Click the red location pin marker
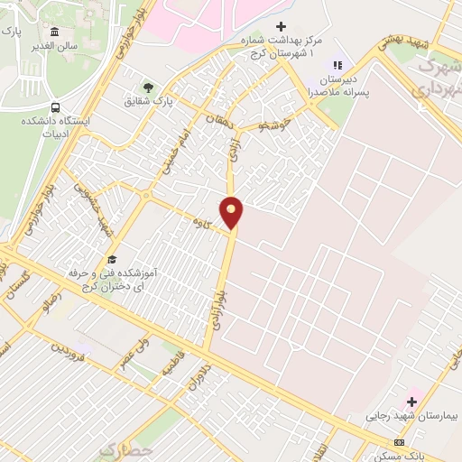[232, 210]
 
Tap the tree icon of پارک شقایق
[148, 87]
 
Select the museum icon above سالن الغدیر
[56, 32]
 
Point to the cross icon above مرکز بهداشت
[281, 27]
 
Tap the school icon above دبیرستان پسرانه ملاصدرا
[338, 65]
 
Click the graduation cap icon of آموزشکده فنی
[111, 260]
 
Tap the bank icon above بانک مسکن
[400, 442]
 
